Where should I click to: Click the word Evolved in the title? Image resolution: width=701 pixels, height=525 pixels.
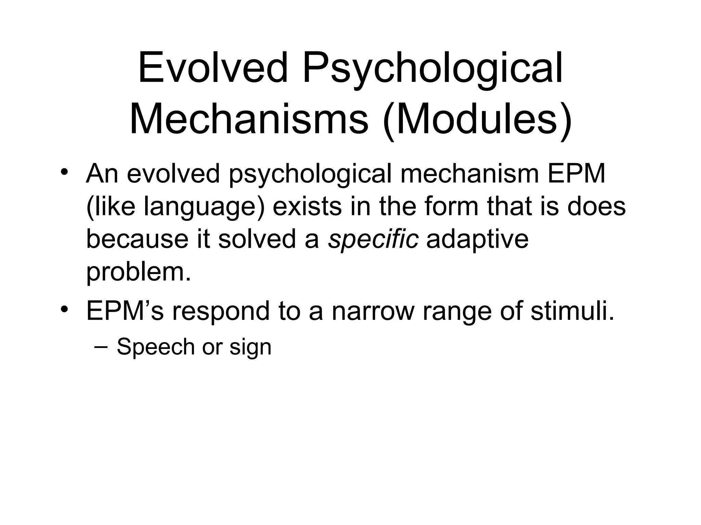click(x=213, y=68)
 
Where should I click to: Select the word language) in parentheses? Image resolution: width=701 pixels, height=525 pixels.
click(x=204, y=207)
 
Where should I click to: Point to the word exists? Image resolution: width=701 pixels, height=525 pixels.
click(x=307, y=207)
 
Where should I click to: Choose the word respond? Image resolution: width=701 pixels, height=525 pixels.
click(x=221, y=311)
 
